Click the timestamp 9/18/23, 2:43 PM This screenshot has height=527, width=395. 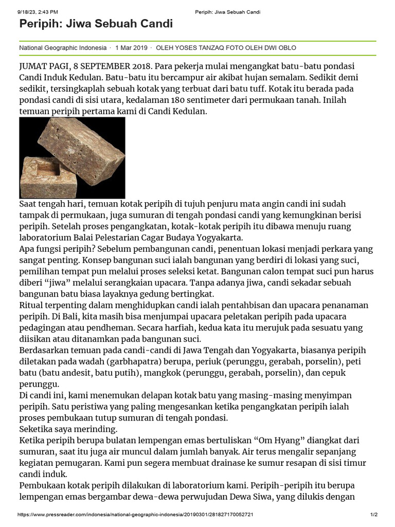pos(38,12)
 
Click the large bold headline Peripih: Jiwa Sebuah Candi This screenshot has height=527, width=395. pos(96,24)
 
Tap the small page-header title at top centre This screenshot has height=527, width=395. pos(227,12)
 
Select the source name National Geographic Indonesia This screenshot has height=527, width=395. pos(63,48)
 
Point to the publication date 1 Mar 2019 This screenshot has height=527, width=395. pos(131,48)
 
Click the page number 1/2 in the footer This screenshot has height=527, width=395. pos(374,515)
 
